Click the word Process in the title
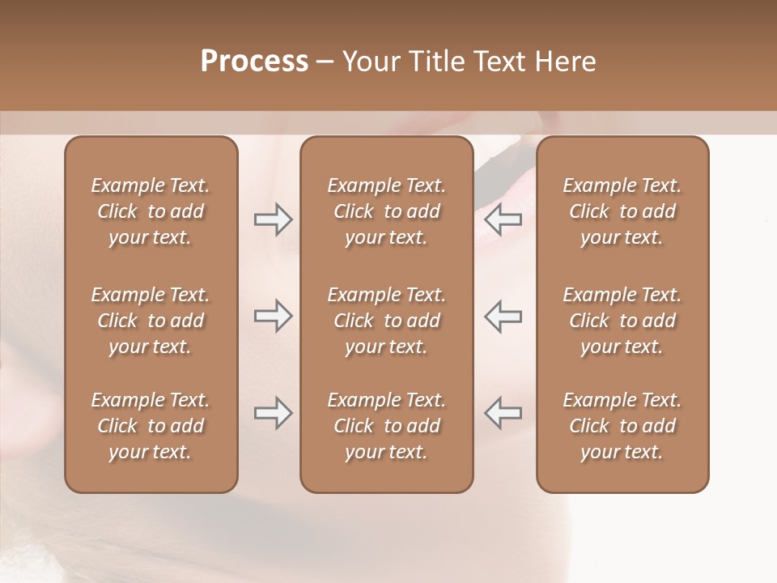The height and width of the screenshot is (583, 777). tap(254, 62)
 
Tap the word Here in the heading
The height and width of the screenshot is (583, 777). tap(563, 62)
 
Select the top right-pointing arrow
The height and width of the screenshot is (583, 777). tap(274, 219)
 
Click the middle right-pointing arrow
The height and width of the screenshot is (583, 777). tap(274, 316)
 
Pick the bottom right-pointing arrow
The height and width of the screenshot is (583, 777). tap(274, 413)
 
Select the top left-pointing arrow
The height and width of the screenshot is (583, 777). tap(503, 219)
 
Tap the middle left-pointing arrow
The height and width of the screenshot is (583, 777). tap(503, 316)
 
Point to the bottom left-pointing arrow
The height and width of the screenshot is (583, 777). tap(503, 413)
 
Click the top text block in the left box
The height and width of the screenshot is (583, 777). tap(151, 211)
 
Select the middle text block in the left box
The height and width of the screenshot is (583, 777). tap(151, 321)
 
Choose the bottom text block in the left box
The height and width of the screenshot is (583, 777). tap(151, 426)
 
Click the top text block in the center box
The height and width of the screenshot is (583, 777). tap(386, 211)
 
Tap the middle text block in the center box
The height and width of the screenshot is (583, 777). tap(386, 321)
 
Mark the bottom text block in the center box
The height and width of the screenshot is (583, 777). tap(386, 426)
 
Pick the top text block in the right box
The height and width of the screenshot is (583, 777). tap(622, 211)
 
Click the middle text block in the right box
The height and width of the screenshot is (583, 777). tap(622, 321)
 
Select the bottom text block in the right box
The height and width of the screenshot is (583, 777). tap(622, 426)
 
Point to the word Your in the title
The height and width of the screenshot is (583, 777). tap(370, 62)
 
